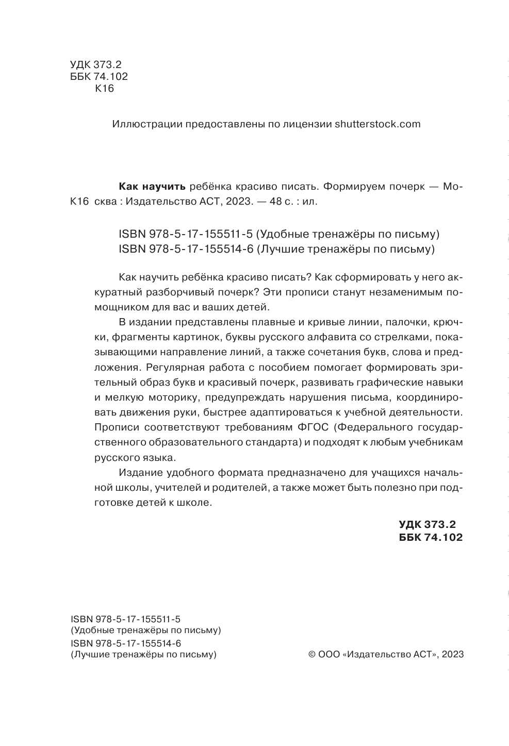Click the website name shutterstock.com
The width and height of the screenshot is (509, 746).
377,124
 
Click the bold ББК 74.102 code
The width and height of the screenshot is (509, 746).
431,537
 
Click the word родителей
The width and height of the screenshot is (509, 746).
241,487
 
